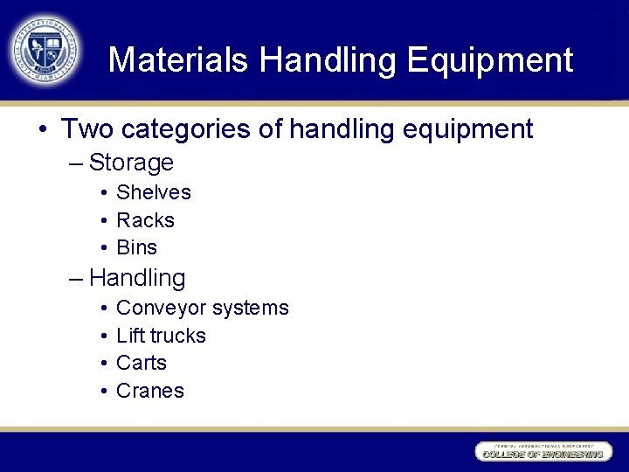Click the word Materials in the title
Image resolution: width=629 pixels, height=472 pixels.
click(x=178, y=60)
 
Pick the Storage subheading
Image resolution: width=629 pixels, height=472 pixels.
click(x=131, y=163)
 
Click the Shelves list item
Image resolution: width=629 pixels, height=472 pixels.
click(x=153, y=192)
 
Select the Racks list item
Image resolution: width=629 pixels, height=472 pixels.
click(x=145, y=220)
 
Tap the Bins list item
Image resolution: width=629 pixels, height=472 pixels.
click(x=136, y=247)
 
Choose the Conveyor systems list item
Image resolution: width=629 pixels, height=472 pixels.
click(x=202, y=308)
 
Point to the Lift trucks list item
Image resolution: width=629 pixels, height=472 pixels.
click(x=161, y=336)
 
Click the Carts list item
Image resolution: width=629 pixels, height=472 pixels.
click(x=141, y=363)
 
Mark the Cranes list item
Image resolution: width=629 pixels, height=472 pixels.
click(x=149, y=391)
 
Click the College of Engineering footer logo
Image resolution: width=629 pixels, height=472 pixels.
click(x=541, y=452)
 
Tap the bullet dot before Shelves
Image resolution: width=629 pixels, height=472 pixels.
click(x=103, y=193)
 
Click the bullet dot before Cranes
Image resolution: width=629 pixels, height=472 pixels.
click(x=103, y=392)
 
